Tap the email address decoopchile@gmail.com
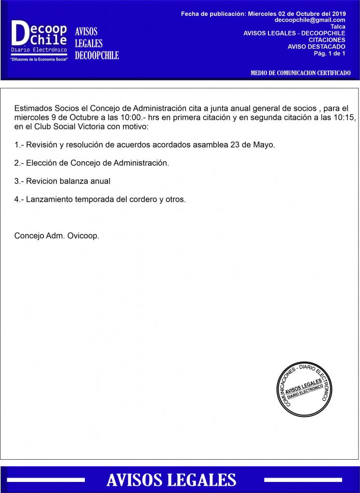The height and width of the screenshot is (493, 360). coord(310,20)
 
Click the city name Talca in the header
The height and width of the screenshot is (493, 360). coord(338,26)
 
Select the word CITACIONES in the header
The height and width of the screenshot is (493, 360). coord(327,40)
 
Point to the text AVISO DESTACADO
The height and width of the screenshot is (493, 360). coord(316,47)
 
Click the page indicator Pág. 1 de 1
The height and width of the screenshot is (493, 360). coord(330,53)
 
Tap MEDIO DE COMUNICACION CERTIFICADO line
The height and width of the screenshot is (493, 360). coord(301,73)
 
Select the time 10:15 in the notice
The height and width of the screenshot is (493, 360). coord(344,118)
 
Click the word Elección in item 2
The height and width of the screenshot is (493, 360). coord(42,163)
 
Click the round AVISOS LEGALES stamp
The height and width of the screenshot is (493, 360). coord(304,389)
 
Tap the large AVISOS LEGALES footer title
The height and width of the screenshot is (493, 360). coord(171,480)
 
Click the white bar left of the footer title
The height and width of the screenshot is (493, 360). coord(46,480)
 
